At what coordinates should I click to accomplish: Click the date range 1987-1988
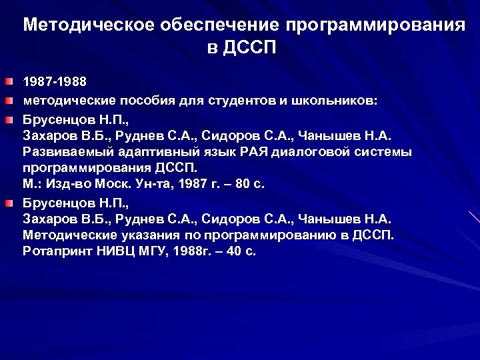55,83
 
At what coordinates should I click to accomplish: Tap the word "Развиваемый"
64,152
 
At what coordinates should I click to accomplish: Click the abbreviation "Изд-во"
67,185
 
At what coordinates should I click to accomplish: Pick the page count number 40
233,252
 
